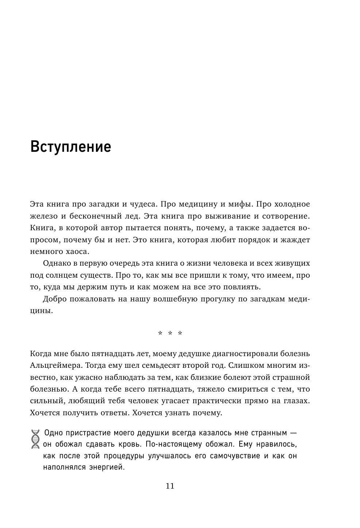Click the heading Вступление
tap(70, 147)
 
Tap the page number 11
tap(170, 486)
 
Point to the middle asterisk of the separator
tap(170, 334)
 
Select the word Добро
tap(54, 300)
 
